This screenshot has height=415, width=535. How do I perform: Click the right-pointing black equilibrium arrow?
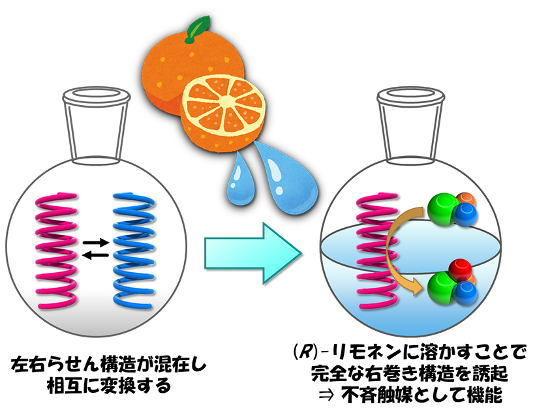tap(96, 242)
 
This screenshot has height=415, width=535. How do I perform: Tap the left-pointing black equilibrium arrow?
tap(96, 254)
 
